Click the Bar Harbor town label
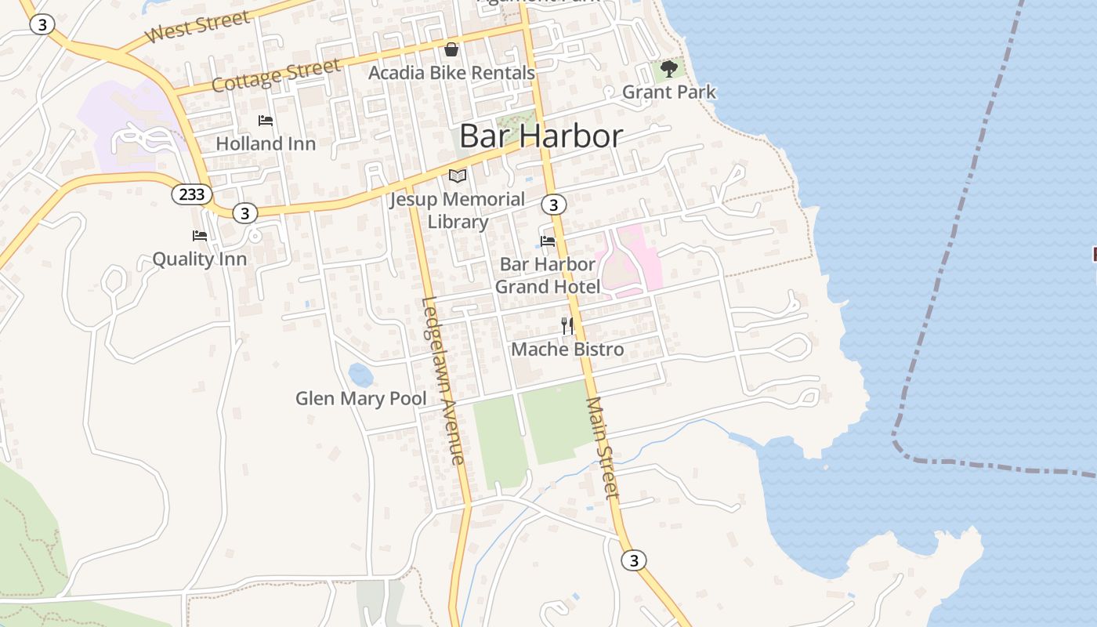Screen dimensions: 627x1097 click(541, 136)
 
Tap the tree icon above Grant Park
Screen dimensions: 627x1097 click(669, 69)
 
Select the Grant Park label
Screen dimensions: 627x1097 click(669, 92)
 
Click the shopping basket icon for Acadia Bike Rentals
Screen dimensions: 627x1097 click(451, 50)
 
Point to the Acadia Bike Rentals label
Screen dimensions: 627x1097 click(451, 73)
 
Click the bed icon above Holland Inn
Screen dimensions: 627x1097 click(266, 121)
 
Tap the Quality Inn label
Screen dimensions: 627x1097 click(199, 259)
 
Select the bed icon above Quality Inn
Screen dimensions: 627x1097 click(200, 235)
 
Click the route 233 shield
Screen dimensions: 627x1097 click(191, 194)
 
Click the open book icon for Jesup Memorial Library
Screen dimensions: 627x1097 click(458, 176)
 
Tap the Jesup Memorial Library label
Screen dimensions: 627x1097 click(458, 210)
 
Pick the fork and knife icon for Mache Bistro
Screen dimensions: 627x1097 click(567, 325)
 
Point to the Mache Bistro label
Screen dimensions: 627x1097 click(567, 350)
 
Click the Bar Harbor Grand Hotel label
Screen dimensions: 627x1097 click(548, 276)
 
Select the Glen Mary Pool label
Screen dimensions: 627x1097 click(360, 399)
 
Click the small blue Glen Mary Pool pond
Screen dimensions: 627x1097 click(360, 375)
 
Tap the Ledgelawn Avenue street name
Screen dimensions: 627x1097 click(443, 380)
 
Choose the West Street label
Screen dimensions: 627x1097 click(197, 27)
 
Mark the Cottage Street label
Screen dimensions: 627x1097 click(276, 75)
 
